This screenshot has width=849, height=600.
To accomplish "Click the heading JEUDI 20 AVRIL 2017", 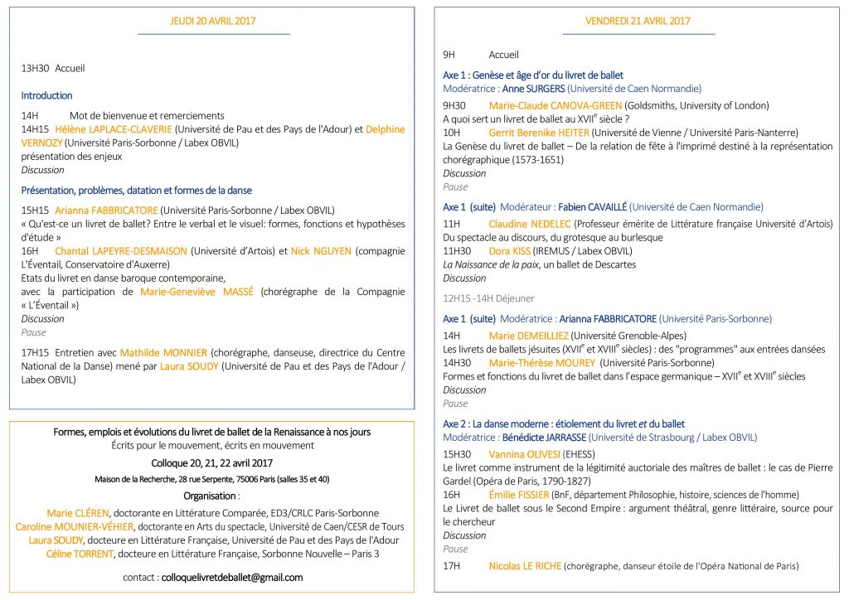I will pyautogui.click(x=213, y=21).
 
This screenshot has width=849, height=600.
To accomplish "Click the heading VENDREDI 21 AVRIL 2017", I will pyautogui.click(x=638, y=21).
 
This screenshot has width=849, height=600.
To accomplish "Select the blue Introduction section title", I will pyautogui.click(x=46, y=95).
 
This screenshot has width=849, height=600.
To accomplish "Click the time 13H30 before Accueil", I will pyautogui.click(x=35, y=69).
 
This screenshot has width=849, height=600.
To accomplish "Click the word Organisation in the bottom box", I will pyautogui.click(x=211, y=496).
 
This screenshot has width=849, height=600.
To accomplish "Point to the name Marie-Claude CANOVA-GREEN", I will pyautogui.click(x=548, y=105).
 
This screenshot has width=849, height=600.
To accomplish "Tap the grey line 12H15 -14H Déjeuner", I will pyautogui.click(x=488, y=298).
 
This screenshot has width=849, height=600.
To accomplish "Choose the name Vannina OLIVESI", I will pyautogui.click(x=524, y=454).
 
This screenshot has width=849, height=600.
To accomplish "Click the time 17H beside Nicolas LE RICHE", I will pyautogui.click(x=451, y=567).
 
